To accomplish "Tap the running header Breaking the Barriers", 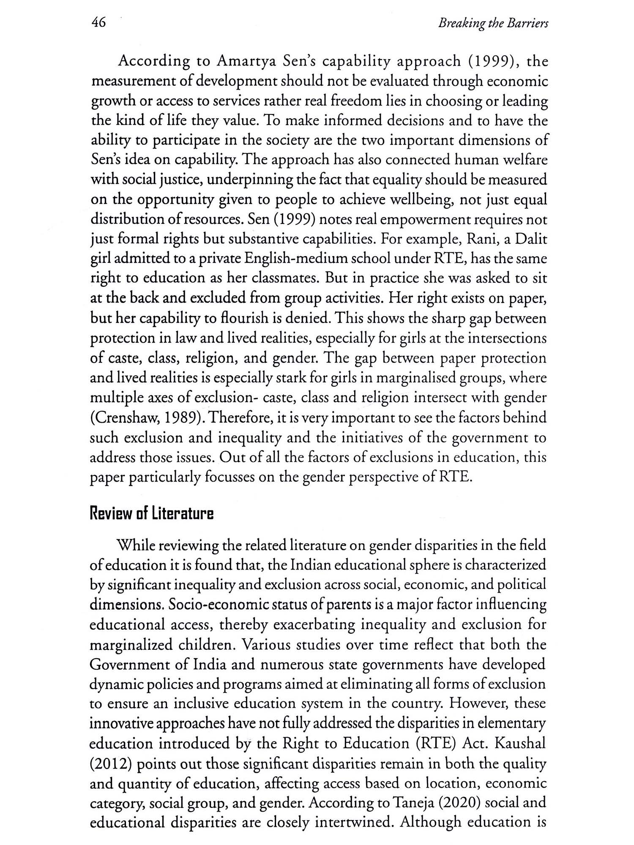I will (493, 24).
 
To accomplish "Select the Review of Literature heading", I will (152, 514).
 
